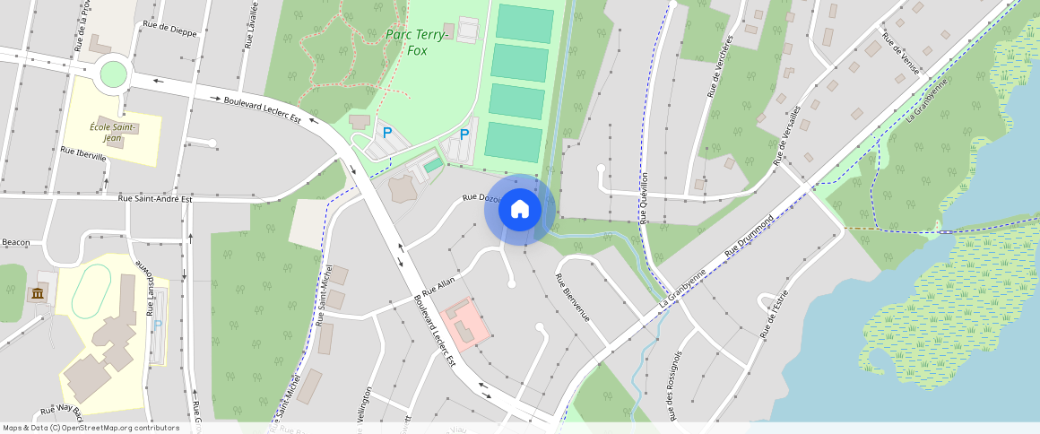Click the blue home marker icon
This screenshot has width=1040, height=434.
pos(519,209)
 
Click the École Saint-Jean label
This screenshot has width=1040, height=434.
pos(113,132)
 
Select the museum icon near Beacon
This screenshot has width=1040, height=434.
pos(38,294)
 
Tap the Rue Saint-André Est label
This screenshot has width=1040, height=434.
pos(155,198)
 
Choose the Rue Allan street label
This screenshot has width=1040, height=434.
pos(439,287)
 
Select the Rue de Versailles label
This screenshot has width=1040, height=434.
pos(786,135)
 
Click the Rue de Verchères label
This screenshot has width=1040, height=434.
pos(720,65)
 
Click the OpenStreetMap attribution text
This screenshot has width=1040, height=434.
pos(91,428)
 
